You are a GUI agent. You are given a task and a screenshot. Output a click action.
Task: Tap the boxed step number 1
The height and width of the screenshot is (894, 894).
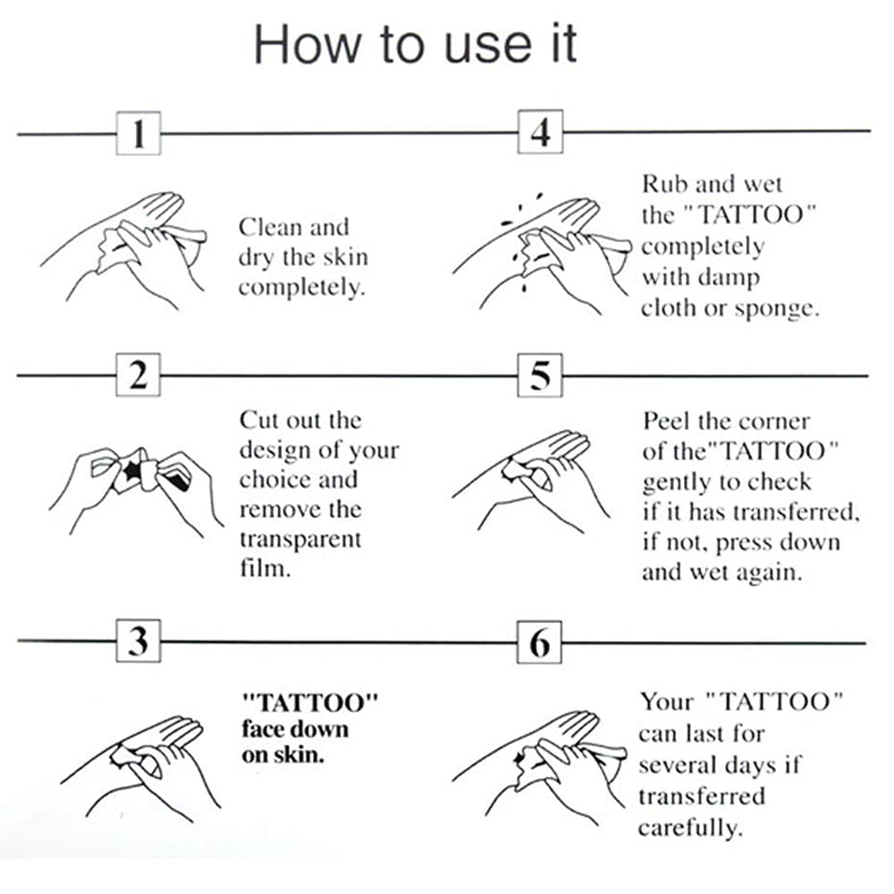tap(139, 134)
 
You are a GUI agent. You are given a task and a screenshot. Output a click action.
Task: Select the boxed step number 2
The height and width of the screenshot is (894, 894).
tap(139, 376)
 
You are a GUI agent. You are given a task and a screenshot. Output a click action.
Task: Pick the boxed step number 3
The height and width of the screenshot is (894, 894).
tap(139, 642)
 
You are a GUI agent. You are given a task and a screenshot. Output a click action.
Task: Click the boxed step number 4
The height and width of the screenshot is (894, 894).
tap(540, 134)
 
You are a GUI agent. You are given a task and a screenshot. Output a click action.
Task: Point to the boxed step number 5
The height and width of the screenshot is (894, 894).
tap(540, 376)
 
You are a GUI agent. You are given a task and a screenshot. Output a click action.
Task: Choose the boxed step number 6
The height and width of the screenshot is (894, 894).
tap(540, 642)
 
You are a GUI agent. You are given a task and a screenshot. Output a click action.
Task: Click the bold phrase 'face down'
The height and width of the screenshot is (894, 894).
tap(294, 728)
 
